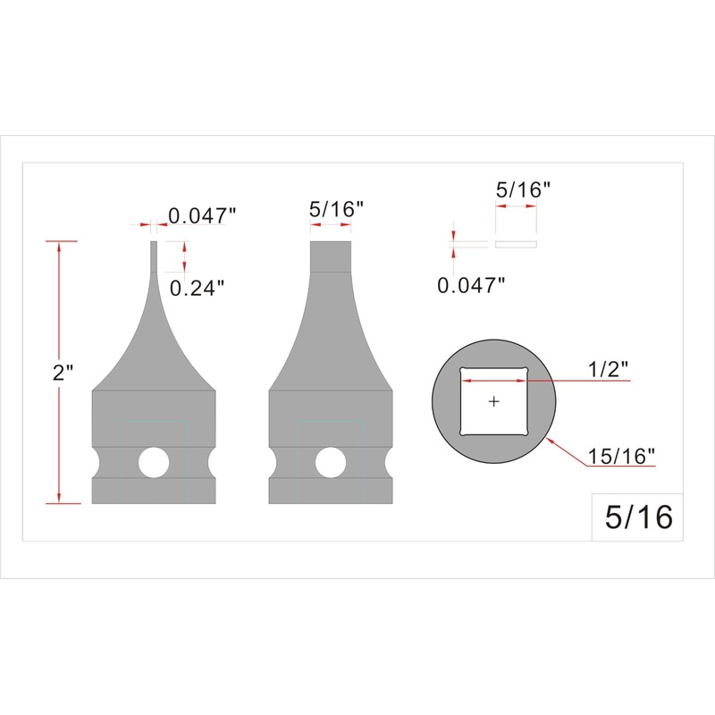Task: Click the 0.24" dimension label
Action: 196,287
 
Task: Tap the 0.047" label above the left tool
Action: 203,216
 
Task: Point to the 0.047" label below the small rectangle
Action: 471,285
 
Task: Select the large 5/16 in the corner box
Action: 638,517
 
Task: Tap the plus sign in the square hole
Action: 494,402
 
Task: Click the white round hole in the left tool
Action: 154,462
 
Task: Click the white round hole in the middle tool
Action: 331,462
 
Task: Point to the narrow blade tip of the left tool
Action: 154,255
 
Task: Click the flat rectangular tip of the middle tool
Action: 331,257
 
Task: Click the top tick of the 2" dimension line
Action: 60,241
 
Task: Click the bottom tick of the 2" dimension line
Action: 60,502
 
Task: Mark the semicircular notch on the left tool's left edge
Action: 97,462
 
